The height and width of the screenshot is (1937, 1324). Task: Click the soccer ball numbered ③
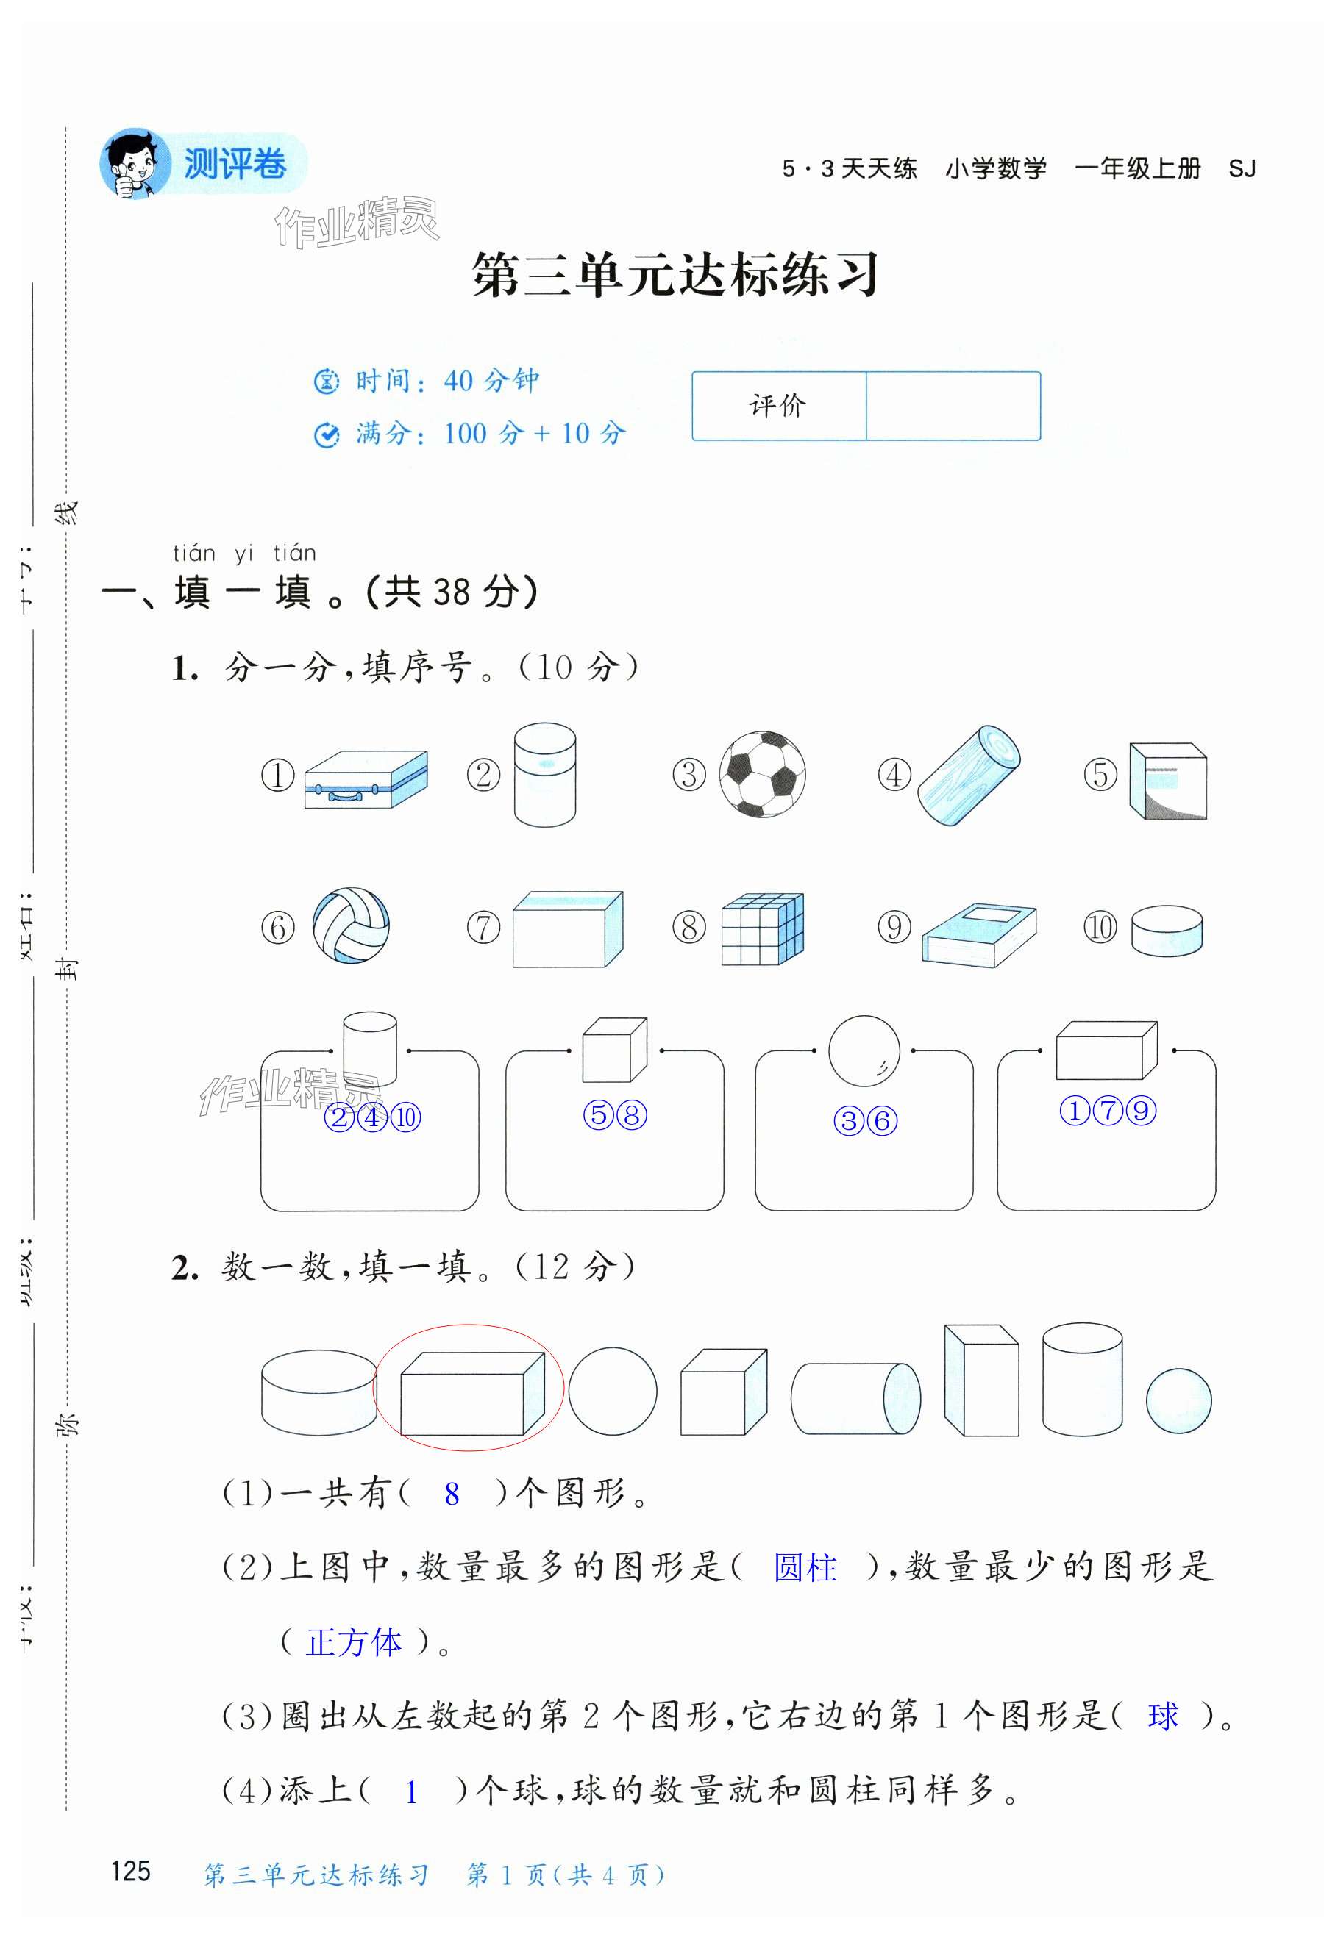tap(762, 774)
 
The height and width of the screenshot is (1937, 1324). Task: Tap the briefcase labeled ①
tap(366, 780)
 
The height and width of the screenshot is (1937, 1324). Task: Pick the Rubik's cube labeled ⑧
tap(762, 928)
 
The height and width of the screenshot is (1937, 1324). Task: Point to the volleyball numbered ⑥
tap(351, 925)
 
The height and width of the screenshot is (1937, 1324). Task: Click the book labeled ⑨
tap(979, 934)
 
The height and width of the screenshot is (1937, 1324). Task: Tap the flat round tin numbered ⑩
tap(1167, 930)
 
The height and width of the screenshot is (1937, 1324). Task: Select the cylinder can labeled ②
tap(544, 774)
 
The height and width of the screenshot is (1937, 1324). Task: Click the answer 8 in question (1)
tap(452, 1494)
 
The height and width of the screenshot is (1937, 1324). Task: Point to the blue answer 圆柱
tap(805, 1568)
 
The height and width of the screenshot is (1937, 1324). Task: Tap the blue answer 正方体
tap(355, 1642)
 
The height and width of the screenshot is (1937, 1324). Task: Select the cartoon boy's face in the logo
tap(133, 164)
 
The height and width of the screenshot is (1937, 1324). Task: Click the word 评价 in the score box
tap(777, 406)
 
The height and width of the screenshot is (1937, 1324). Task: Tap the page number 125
tap(131, 1871)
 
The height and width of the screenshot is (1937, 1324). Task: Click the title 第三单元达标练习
tap(675, 274)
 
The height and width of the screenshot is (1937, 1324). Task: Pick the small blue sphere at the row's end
tap(1178, 1401)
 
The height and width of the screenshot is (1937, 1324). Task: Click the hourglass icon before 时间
tap(326, 381)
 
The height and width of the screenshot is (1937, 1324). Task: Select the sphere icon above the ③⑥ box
tap(864, 1050)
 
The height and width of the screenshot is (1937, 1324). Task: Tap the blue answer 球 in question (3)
tap(1163, 1716)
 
